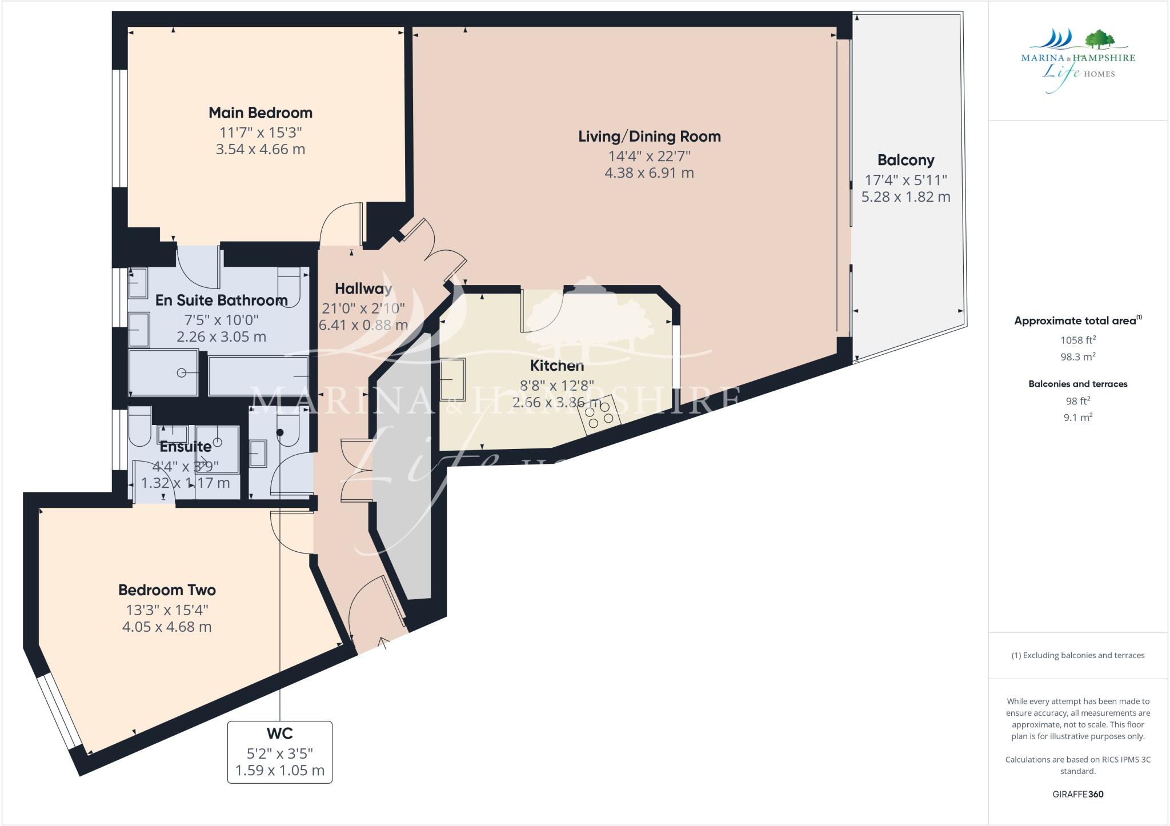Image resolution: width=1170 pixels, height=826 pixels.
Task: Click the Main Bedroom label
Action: pyautogui.click(x=261, y=113)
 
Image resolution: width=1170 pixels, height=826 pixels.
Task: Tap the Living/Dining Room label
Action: pyautogui.click(x=650, y=137)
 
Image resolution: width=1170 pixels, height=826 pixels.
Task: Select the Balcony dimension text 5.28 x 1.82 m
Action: pyautogui.click(x=905, y=197)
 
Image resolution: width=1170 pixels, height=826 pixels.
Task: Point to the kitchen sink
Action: pyautogui.click(x=452, y=379)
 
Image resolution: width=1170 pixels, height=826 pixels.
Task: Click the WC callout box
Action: pyautogui.click(x=280, y=752)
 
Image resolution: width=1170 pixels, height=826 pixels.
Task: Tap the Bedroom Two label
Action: pyautogui.click(x=167, y=590)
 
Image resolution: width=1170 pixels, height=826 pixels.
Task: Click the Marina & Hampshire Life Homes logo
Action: pyautogui.click(x=1077, y=61)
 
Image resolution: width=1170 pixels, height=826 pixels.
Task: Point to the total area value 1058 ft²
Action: pyautogui.click(x=1077, y=340)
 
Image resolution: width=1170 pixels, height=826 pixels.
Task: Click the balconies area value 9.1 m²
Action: pyautogui.click(x=1077, y=418)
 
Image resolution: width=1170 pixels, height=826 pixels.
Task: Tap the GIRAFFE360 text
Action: pyautogui.click(x=1077, y=794)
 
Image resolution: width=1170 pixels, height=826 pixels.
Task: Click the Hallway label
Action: pyautogui.click(x=363, y=288)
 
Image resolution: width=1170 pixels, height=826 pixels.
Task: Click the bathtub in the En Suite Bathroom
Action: pyautogui.click(x=258, y=375)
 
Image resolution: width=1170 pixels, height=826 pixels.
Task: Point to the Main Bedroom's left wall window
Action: pyautogui.click(x=119, y=129)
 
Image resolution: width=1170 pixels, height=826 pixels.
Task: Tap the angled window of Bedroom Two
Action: pyautogui.click(x=60, y=711)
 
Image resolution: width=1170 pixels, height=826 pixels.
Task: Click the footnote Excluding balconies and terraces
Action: pyautogui.click(x=1077, y=655)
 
